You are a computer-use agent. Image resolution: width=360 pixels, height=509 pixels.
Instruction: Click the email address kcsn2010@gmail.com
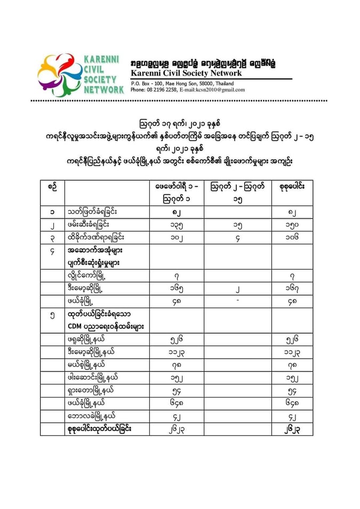pyautogui.click(x=212, y=90)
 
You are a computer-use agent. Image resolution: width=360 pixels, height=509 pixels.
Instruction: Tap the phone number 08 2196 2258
pyautogui.click(x=160, y=90)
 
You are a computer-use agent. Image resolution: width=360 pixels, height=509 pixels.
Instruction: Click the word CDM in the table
pyautogui.click(x=75, y=326)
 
